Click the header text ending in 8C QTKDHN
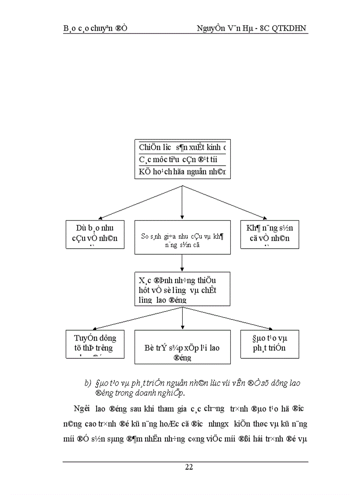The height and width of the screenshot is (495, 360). point(252,29)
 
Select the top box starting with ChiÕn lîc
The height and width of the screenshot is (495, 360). point(182,159)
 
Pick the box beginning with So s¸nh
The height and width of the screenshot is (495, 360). point(182,238)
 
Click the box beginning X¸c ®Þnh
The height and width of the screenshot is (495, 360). point(182,289)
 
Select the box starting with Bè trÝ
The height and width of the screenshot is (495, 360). point(182,347)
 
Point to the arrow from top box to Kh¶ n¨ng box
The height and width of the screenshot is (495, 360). point(225,202)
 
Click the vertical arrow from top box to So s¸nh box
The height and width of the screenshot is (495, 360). point(182,203)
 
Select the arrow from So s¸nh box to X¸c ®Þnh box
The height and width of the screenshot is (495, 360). point(182,264)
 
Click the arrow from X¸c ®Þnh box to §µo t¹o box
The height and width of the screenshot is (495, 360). point(225,318)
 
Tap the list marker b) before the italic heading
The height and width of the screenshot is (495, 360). point(87,383)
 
